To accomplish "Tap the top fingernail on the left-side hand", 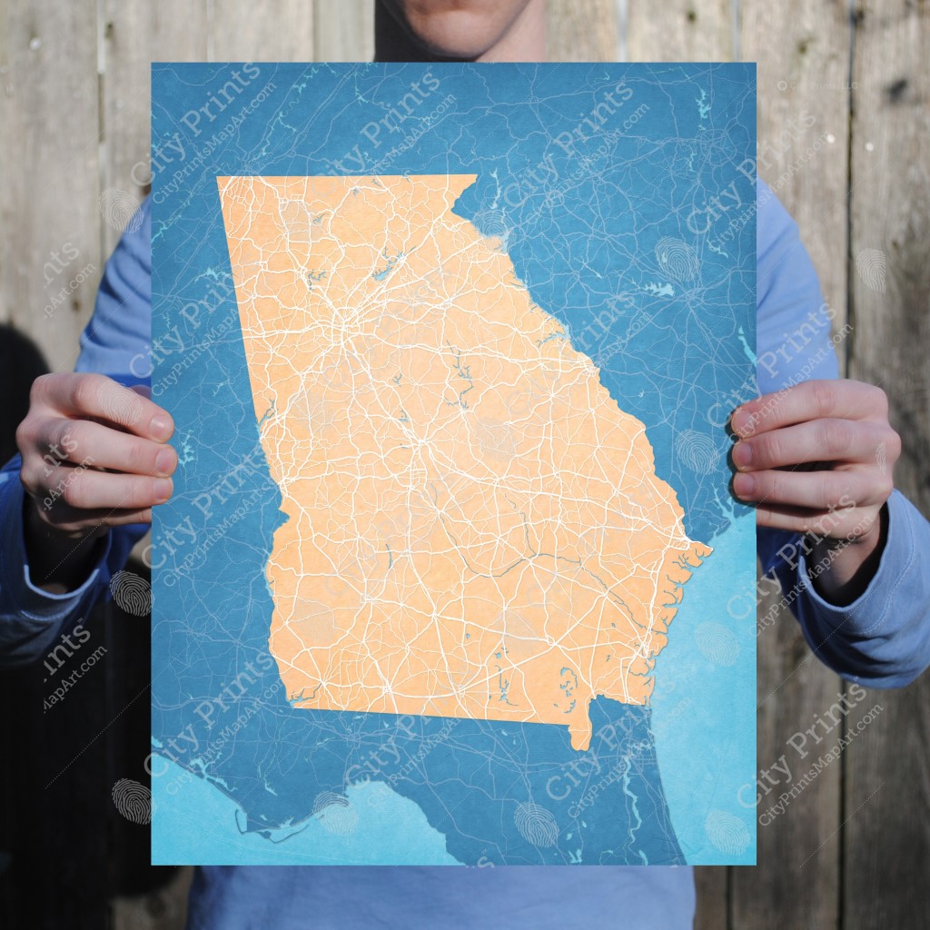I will [160, 425].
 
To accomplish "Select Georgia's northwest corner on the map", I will [219, 178].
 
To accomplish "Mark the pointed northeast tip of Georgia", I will [474, 176].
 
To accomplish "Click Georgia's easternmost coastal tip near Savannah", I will [708, 549].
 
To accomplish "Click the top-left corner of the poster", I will [153, 64].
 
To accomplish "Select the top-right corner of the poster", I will [755, 64].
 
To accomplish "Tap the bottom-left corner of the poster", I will [153, 864].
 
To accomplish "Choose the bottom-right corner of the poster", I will [755, 864].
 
